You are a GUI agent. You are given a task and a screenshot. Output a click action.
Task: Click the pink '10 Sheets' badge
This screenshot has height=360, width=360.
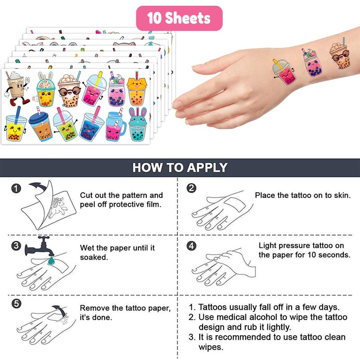[x=179, y=18]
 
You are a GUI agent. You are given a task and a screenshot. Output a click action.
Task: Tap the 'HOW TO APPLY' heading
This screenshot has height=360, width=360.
[x=180, y=167]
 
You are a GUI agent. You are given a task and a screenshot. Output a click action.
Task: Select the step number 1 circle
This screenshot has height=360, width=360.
[x=16, y=189]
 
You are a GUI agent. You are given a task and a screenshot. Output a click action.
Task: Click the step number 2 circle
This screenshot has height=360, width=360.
[x=192, y=188]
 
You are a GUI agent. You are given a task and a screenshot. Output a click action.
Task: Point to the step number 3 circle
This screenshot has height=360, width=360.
[x=16, y=246]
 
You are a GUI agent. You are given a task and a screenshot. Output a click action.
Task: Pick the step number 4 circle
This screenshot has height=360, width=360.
[x=192, y=246]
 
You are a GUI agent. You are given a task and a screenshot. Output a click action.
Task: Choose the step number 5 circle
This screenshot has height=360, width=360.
[x=16, y=304]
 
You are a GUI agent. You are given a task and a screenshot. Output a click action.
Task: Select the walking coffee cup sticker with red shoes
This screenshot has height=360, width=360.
[x=17, y=88]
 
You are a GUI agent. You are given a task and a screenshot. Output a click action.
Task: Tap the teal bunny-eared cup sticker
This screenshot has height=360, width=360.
[x=138, y=124]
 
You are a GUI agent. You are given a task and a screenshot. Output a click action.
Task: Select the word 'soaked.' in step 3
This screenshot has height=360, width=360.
[x=94, y=257]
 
